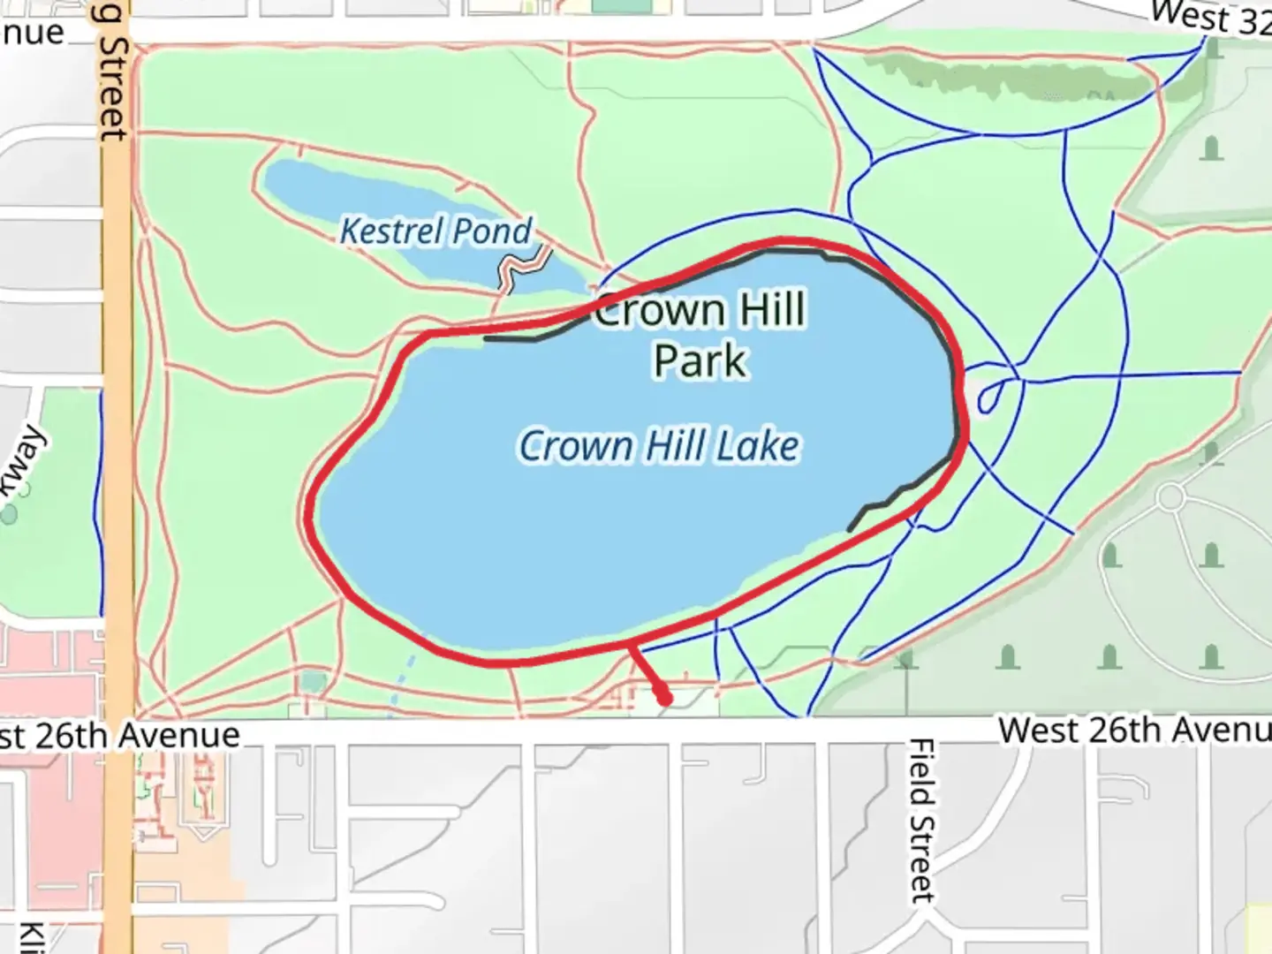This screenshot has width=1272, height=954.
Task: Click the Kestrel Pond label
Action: (x=436, y=231)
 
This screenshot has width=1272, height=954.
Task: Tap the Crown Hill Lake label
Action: (x=659, y=445)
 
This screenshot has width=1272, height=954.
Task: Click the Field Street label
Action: (x=921, y=820)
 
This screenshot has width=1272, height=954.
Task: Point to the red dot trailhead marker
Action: (x=664, y=699)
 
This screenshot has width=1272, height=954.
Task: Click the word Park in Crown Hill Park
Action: (x=700, y=361)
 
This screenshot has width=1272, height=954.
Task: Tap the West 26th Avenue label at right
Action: (x=1134, y=731)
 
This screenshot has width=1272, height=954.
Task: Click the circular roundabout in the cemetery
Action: (x=1170, y=497)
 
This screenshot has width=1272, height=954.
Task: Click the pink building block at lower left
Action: (x=53, y=795)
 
